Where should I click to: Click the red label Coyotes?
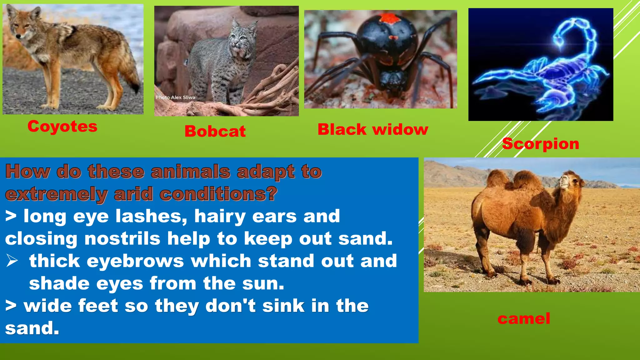pos(62,127)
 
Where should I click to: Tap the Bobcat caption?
pos(215,131)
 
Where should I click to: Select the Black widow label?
pos(373,129)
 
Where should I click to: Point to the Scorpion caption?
pos(541,144)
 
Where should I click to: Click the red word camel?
pos(524,319)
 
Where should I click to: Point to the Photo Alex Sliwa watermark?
pos(175,97)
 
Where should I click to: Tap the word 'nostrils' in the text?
pos(122,239)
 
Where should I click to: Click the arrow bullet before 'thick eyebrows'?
pos(12,261)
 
